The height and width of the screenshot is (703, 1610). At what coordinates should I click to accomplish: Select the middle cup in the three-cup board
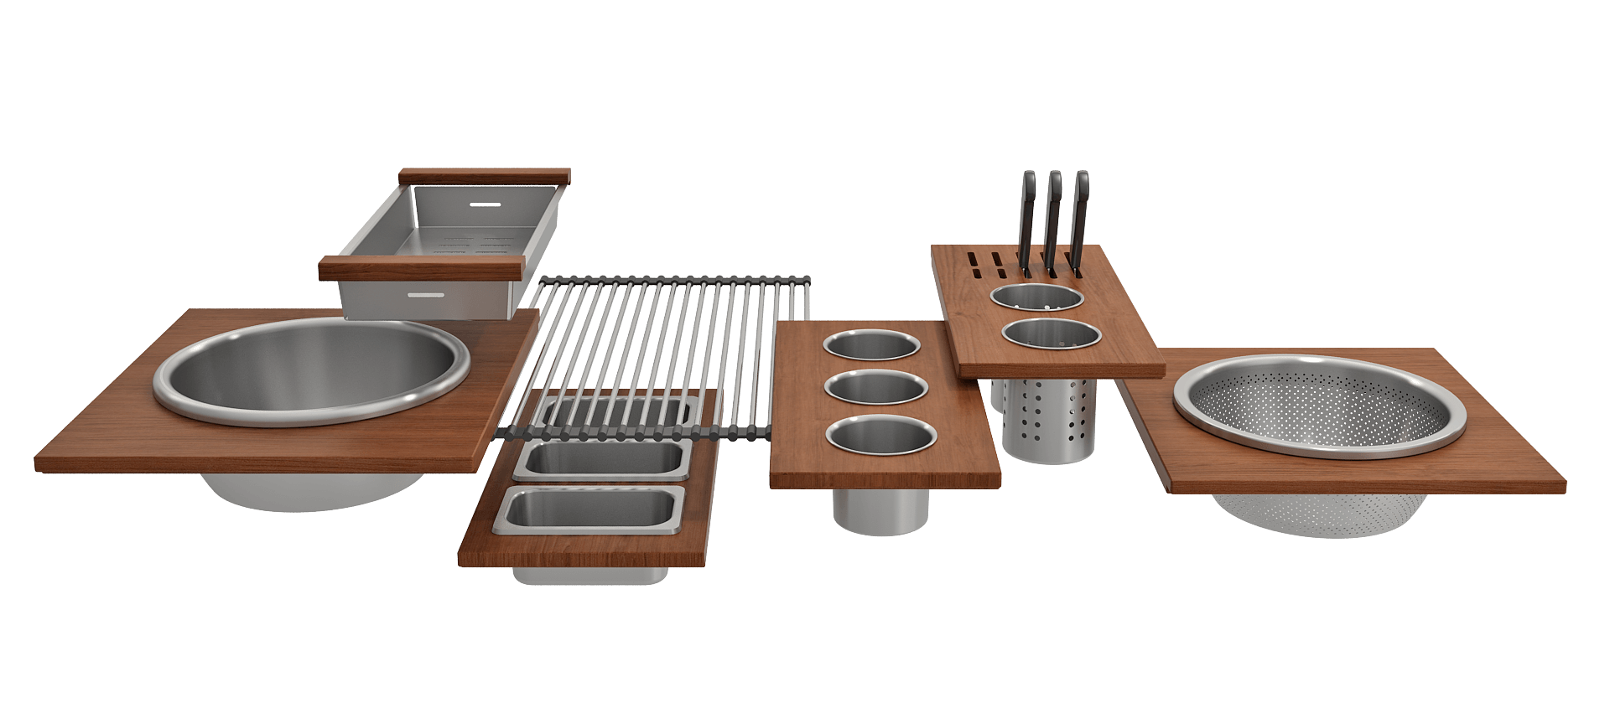point(876,388)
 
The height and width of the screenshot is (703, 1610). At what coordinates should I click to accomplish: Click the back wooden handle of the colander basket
point(485,177)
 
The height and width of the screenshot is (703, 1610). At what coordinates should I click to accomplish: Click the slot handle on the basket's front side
point(429,295)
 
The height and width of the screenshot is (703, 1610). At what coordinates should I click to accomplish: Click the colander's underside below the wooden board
point(1317,513)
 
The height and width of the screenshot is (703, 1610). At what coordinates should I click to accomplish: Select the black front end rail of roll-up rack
point(637,433)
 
